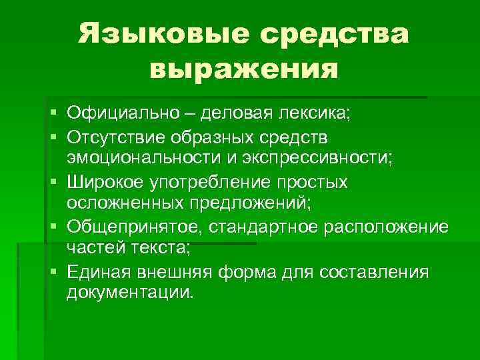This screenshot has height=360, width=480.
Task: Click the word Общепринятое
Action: (135, 227)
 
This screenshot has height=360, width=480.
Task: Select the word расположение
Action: (386, 227)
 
